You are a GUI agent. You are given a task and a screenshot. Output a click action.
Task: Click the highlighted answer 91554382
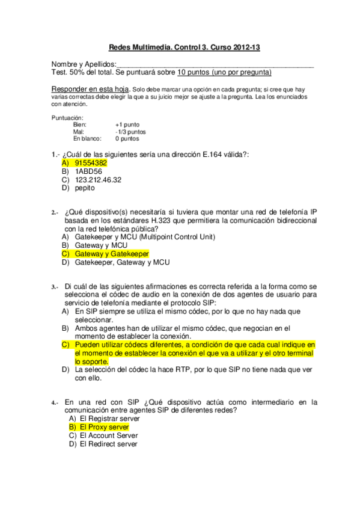pos(91,162)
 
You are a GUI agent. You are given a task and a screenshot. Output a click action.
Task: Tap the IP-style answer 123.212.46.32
pos(98,179)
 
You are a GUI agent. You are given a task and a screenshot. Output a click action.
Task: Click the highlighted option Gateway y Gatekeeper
pos(112,254)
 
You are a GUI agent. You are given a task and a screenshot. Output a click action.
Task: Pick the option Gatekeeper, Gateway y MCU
pos(123,262)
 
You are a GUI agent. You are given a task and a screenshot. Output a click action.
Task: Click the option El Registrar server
pos(108,418)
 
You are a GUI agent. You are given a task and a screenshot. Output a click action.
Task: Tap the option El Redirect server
pos(108,444)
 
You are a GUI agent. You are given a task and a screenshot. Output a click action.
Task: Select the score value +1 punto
pos(127,124)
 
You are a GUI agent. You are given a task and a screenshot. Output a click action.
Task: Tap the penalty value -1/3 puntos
pos(130,131)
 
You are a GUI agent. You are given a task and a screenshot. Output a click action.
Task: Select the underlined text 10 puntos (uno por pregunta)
pos(224,72)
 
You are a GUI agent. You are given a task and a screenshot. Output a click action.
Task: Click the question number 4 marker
pos(54,402)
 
